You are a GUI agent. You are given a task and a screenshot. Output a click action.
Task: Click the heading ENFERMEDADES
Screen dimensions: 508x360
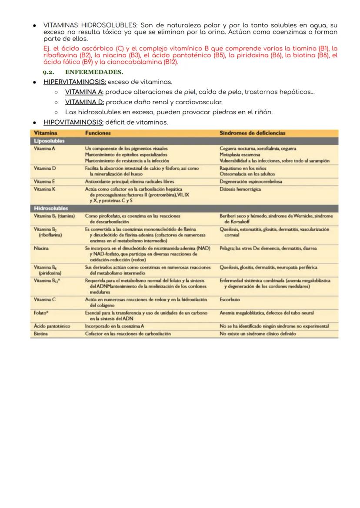pyautogui.click(x=94, y=72)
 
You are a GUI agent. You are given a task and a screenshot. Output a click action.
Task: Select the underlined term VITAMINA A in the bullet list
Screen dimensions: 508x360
pyautogui.click(x=84, y=92)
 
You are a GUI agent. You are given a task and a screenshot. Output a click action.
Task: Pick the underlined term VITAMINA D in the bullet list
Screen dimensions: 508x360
pyautogui.click(x=84, y=102)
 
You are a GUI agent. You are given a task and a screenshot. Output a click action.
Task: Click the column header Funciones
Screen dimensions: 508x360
pyautogui.click(x=98, y=133)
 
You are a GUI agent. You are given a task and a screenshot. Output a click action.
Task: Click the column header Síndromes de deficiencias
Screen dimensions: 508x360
pyautogui.click(x=252, y=133)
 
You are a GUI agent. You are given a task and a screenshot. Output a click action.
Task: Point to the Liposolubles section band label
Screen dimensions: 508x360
pyautogui.click(x=49, y=141)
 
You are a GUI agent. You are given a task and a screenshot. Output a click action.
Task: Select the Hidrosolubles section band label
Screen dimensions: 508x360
pyautogui.click(x=51, y=208)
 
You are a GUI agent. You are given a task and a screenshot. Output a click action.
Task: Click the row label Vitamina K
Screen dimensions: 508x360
pyautogui.click(x=45, y=189)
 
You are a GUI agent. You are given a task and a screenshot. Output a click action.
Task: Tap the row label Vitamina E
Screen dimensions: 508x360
pyautogui.click(x=44, y=181)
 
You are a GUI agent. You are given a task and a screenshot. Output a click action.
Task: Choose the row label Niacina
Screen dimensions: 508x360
pyautogui.click(x=41, y=248)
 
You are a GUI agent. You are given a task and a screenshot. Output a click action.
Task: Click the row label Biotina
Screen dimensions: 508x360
pyautogui.click(x=41, y=334)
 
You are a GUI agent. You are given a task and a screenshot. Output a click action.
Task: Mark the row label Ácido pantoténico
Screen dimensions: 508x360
pyautogui.click(x=52, y=326)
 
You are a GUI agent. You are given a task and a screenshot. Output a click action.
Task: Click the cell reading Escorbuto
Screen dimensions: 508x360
pyautogui.click(x=230, y=299)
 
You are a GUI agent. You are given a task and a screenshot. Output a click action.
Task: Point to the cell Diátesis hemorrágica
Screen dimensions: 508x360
pyautogui.click(x=240, y=189)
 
